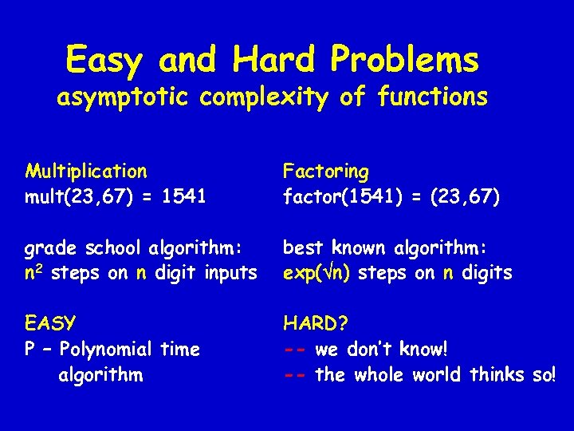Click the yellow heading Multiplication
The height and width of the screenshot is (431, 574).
click(86, 172)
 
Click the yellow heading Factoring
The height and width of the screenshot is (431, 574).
click(326, 172)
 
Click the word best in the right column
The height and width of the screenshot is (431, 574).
click(301, 247)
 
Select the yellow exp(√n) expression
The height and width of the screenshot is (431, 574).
click(319, 272)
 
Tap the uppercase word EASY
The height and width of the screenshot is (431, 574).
click(50, 324)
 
